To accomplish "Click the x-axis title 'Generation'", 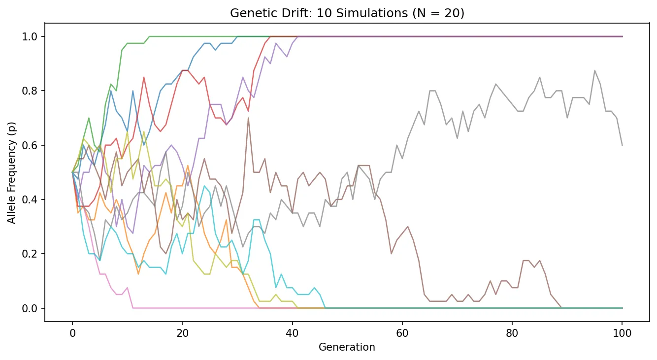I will coord(347,347).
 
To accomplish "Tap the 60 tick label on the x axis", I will coord(402,331).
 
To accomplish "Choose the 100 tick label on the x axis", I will coord(622,331).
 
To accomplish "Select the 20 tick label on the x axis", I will coord(182,331).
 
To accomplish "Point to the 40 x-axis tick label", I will coord(292,331).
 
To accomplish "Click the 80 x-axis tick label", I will coord(512,331).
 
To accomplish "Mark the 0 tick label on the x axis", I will coord(72,331).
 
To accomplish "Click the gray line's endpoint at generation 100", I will coord(622,145).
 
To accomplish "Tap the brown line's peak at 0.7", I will coord(248,118).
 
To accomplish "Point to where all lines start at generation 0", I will coord(72,172).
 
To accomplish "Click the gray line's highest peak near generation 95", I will coord(594,70).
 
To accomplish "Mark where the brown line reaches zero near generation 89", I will coord(561,308).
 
